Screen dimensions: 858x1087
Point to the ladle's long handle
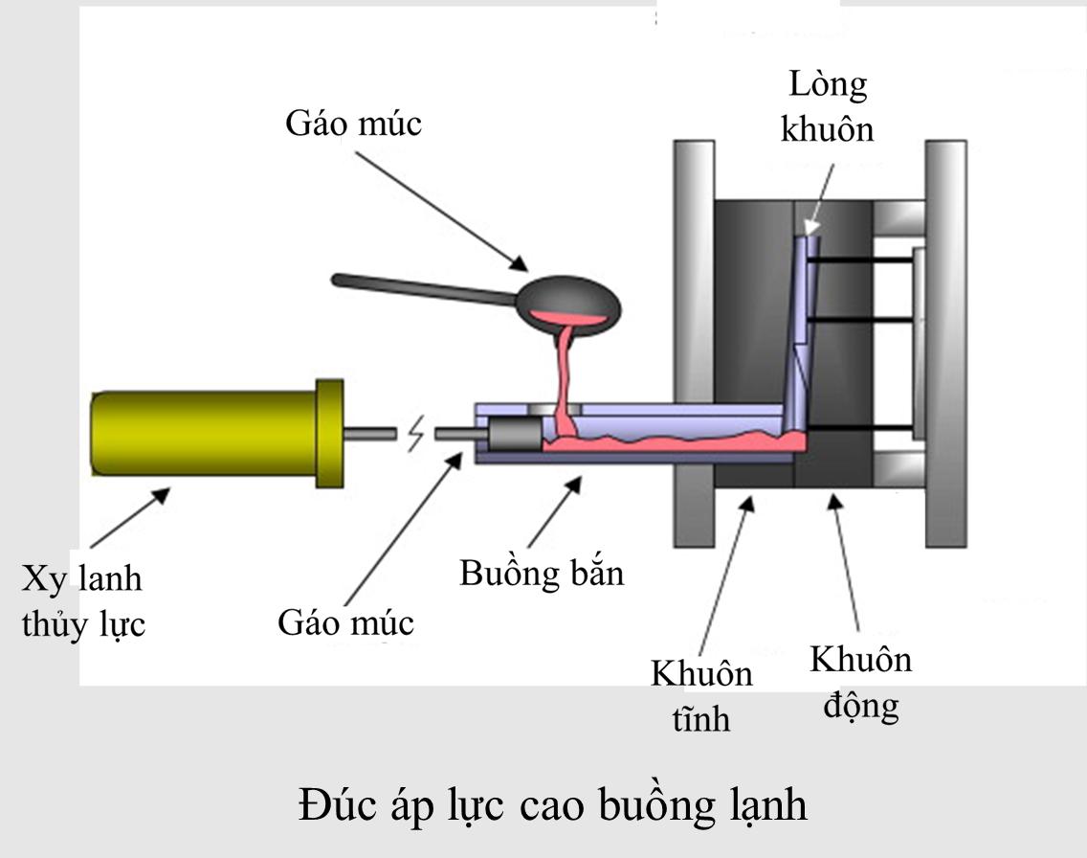[x=421, y=287]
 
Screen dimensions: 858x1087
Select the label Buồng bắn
[x=542, y=574]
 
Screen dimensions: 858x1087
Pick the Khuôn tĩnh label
[x=701, y=695]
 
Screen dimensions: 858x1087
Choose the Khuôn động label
[x=860, y=683]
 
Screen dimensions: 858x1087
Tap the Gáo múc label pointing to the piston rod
[x=346, y=623]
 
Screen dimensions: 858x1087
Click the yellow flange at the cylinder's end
[x=329, y=433]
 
